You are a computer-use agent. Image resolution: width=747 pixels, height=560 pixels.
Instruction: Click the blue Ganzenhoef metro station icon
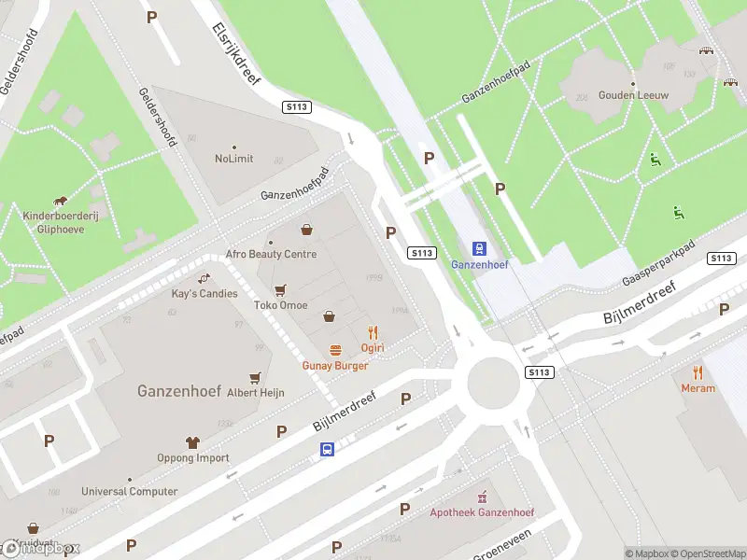479,248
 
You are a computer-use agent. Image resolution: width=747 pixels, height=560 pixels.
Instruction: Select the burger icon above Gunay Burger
335,350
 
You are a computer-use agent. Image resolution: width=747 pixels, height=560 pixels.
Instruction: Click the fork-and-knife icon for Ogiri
373,332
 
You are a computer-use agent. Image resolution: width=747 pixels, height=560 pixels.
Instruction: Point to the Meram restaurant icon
698,372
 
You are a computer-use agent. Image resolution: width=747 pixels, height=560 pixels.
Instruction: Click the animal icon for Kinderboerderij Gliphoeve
61,201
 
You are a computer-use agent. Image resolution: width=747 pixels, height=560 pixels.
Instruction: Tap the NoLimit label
233,158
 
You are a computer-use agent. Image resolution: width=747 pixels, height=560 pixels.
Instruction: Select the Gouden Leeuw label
634,94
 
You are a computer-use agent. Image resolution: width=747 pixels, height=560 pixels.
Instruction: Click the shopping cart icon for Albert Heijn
255,378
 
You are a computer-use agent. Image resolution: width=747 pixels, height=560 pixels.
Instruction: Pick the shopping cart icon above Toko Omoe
280,289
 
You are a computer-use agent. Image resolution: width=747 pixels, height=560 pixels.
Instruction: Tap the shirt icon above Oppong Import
193,442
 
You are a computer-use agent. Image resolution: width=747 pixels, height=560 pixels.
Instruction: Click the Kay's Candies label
204,293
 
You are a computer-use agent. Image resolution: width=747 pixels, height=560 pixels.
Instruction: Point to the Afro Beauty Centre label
271,254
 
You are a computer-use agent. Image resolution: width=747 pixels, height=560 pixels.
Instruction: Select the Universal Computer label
129,491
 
